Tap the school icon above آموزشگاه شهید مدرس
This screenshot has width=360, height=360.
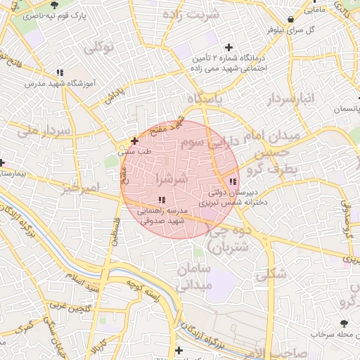coord(60,72)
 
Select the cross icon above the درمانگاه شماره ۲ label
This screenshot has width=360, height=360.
coord(229,47)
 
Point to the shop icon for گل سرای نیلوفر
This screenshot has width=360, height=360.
coord(292,19)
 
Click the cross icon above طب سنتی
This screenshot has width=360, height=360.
coord(134,141)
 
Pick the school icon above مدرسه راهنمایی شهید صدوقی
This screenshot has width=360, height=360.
coord(162,199)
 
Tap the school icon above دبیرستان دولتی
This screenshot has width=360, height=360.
coord(233,183)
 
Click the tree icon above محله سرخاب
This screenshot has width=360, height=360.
coord(344,323)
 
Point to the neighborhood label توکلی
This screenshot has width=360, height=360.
coord(98,49)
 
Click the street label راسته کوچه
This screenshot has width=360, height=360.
coord(144,288)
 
